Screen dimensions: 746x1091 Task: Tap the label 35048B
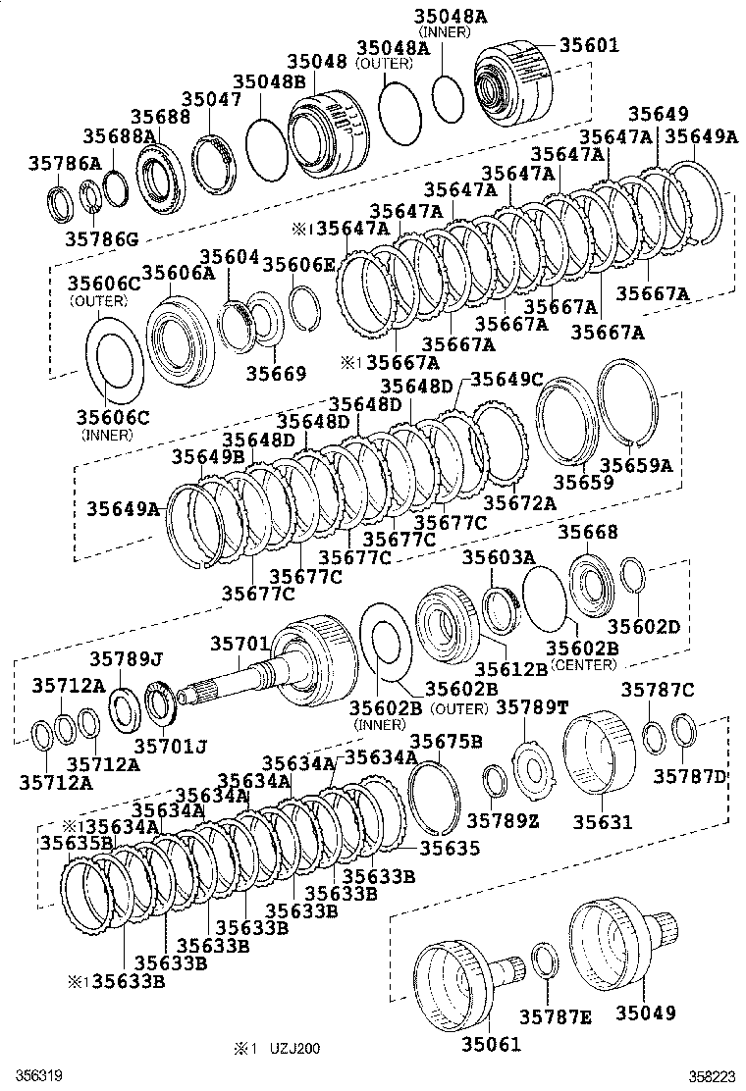click(269, 81)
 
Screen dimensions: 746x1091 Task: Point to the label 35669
click(276, 374)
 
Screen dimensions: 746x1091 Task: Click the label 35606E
click(299, 264)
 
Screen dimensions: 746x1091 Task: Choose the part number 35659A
click(636, 465)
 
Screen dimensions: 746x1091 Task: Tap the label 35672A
click(520, 502)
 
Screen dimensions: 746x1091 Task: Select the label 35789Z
click(503, 821)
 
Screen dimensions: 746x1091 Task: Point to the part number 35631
click(603, 822)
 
